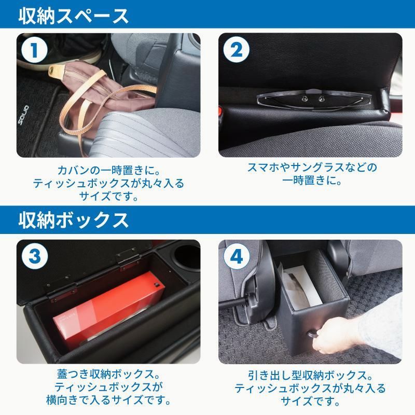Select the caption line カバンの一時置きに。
coord(109,170)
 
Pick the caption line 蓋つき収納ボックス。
coord(109,374)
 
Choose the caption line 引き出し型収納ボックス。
coord(311,374)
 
